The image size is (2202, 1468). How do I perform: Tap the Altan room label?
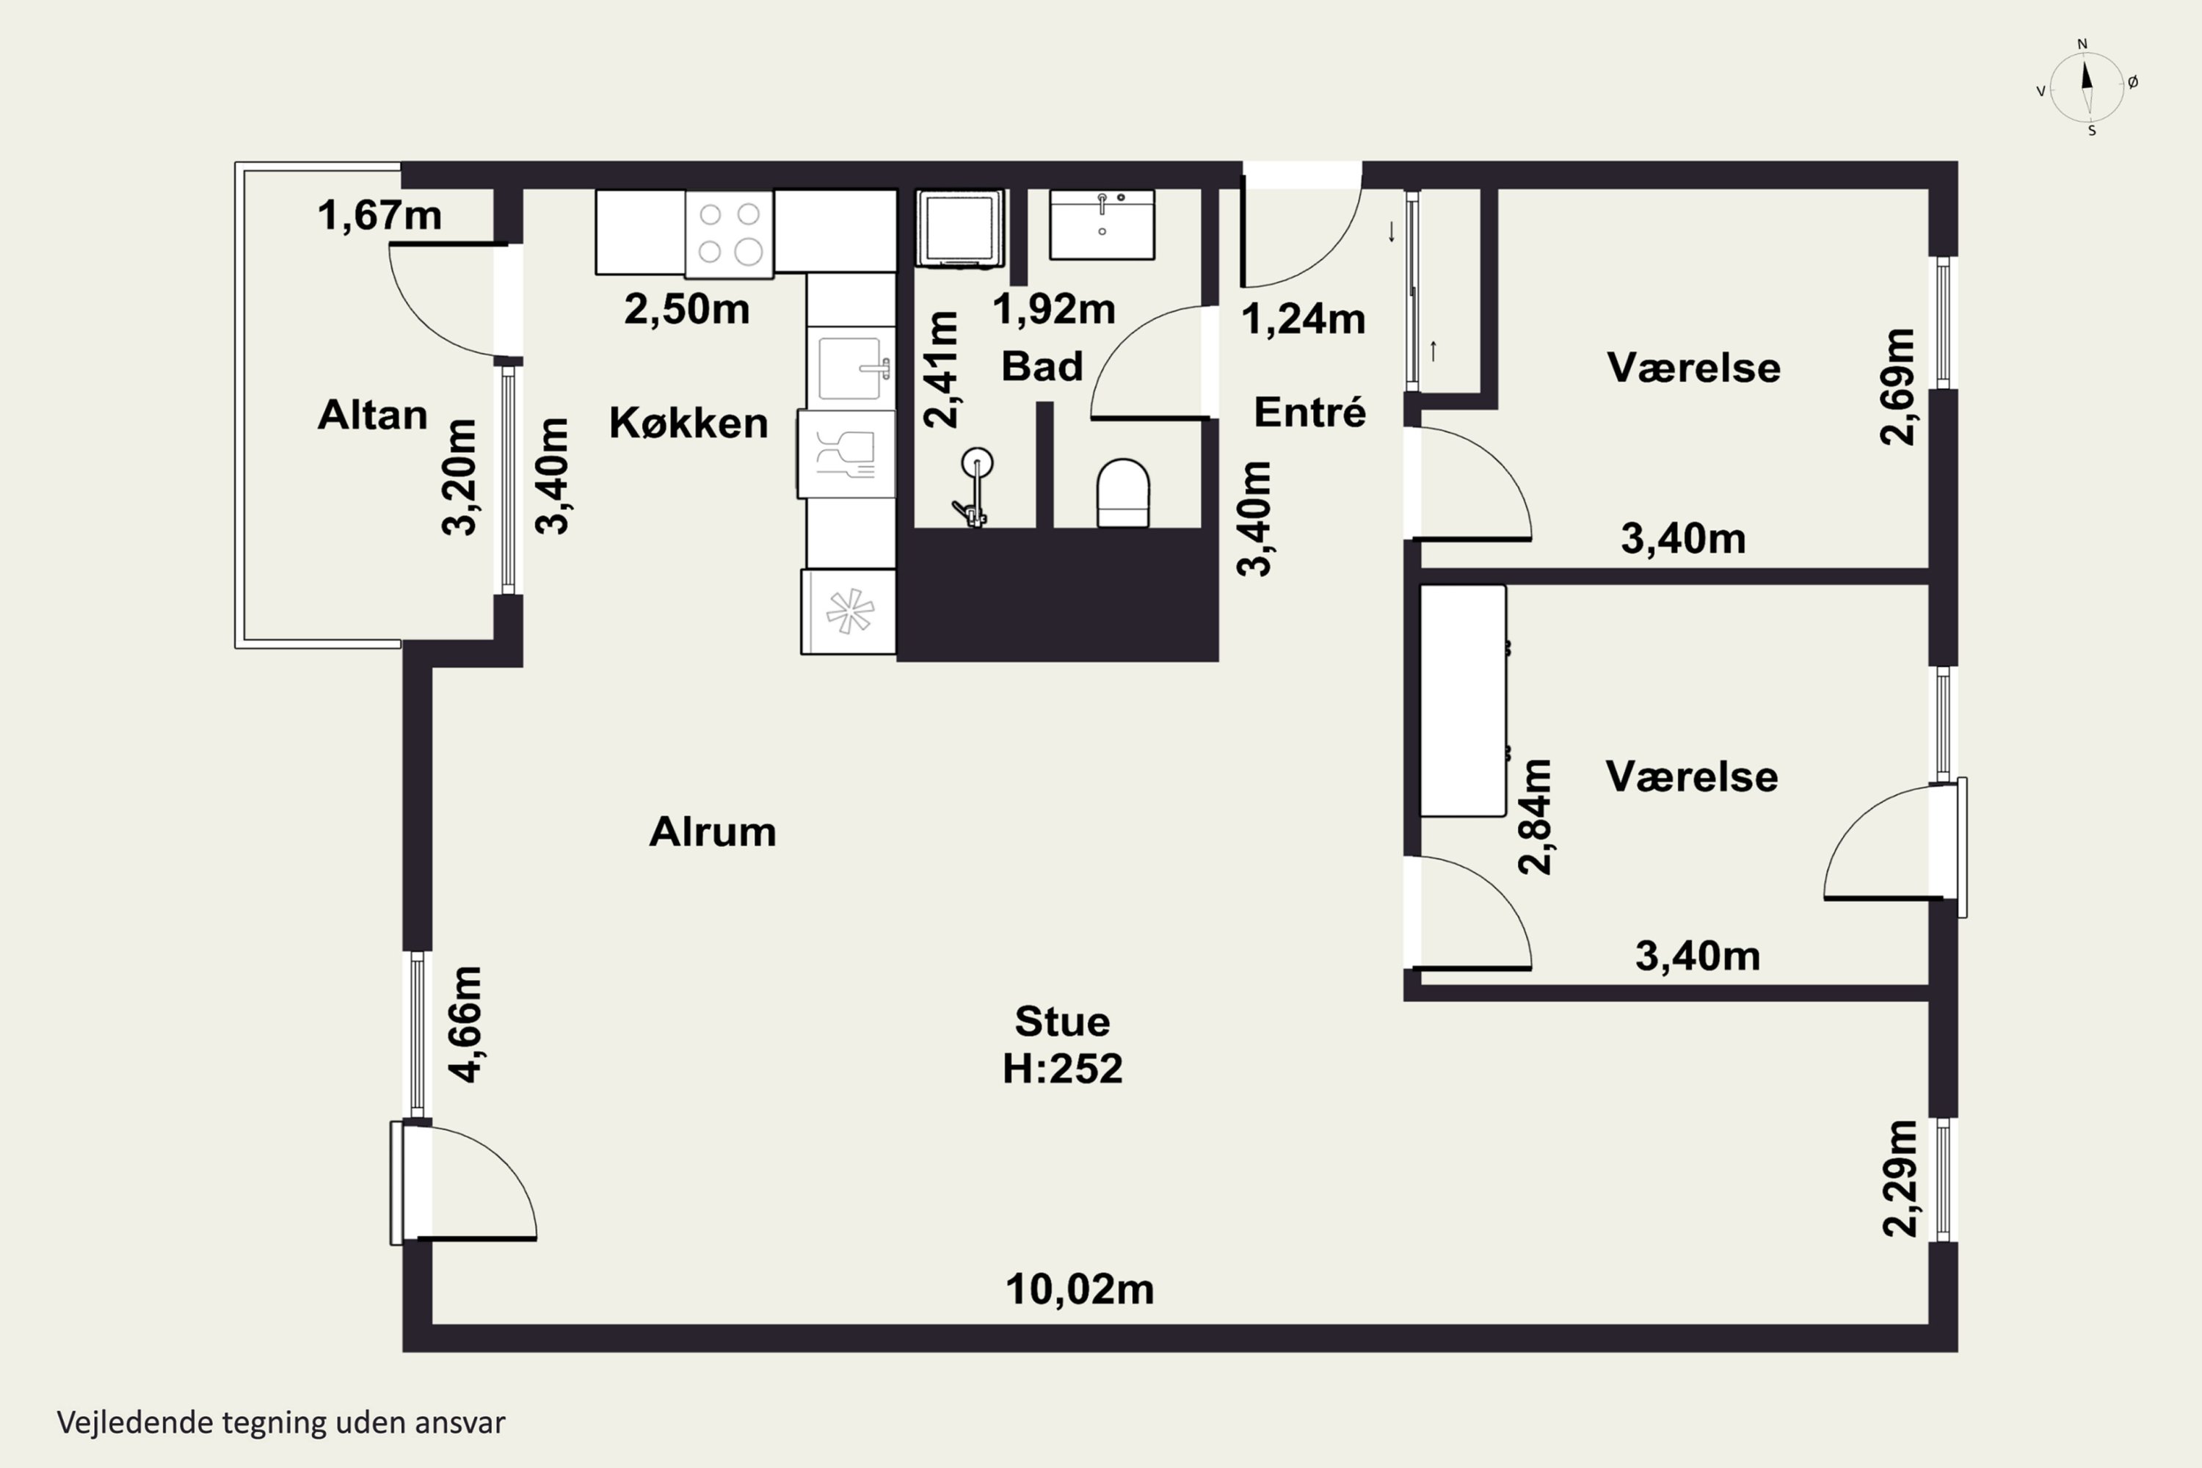(x=373, y=415)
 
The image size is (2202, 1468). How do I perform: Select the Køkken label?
(x=688, y=424)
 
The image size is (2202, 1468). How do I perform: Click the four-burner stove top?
(x=730, y=234)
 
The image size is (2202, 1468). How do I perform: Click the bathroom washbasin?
(x=1102, y=225)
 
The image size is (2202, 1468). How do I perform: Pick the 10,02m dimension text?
(x=1080, y=1290)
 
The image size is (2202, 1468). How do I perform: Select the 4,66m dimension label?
(x=465, y=1024)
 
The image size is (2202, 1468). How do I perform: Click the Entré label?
(x=1309, y=412)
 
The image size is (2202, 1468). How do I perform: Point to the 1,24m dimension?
(x=1304, y=319)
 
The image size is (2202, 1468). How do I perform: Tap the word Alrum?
(x=713, y=832)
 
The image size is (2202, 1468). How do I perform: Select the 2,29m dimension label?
(x=1900, y=1179)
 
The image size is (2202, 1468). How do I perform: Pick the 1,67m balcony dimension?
(x=379, y=215)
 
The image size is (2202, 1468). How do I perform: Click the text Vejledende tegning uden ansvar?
(x=281, y=1422)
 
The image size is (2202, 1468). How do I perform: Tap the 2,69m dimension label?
(x=1897, y=387)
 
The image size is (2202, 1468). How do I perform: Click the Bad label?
(x=1042, y=366)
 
